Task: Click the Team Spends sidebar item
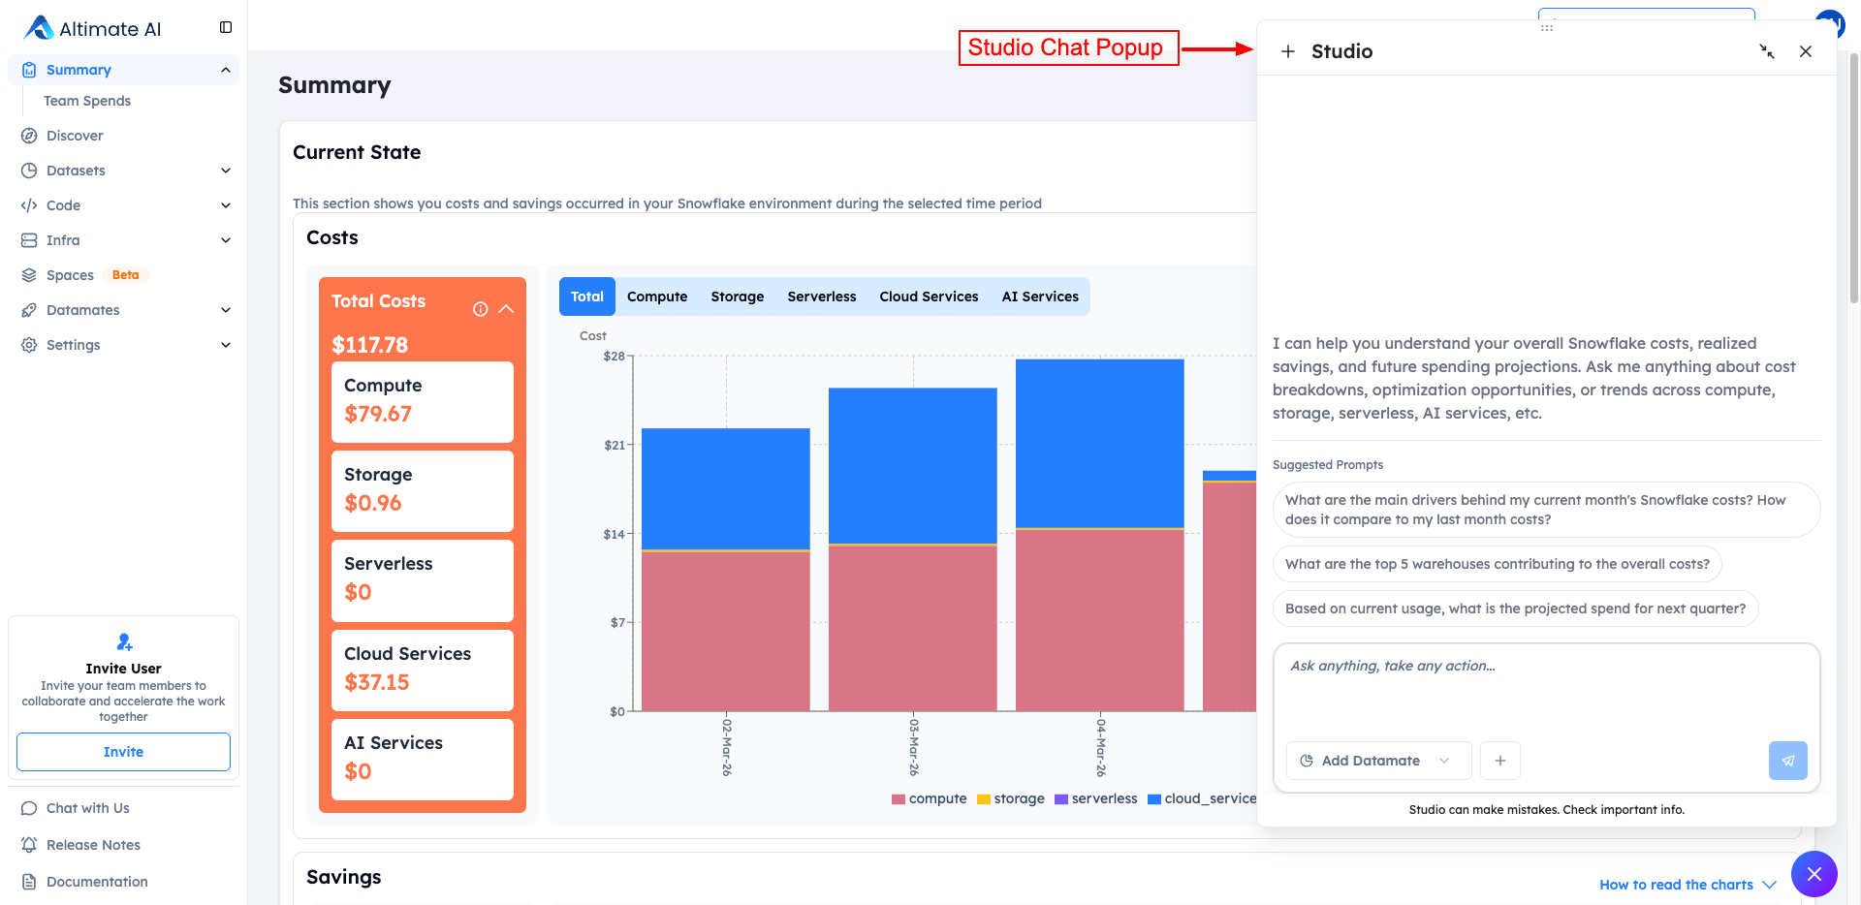click(x=87, y=101)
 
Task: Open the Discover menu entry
click(x=75, y=136)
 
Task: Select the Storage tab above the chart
click(x=737, y=296)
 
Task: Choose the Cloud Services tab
click(x=929, y=296)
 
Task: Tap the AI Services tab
click(x=1040, y=296)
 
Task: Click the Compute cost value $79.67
click(x=378, y=414)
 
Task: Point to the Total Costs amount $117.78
click(x=369, y=345)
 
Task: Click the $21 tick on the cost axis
click(x=615, y=446)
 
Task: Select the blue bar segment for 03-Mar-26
click(x=912, y=465)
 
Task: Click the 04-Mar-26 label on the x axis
click(x=1101, y=746)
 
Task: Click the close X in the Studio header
click(x=1805, y=51)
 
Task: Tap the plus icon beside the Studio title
click(x=1287, y=51)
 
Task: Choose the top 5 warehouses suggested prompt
click(x=1497, y=564)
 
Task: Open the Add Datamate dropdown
click(x=1377, y=761)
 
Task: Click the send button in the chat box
click(x=1787, y=761)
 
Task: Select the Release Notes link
click(x=93, y=845)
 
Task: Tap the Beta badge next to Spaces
click(x=125, y=275)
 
